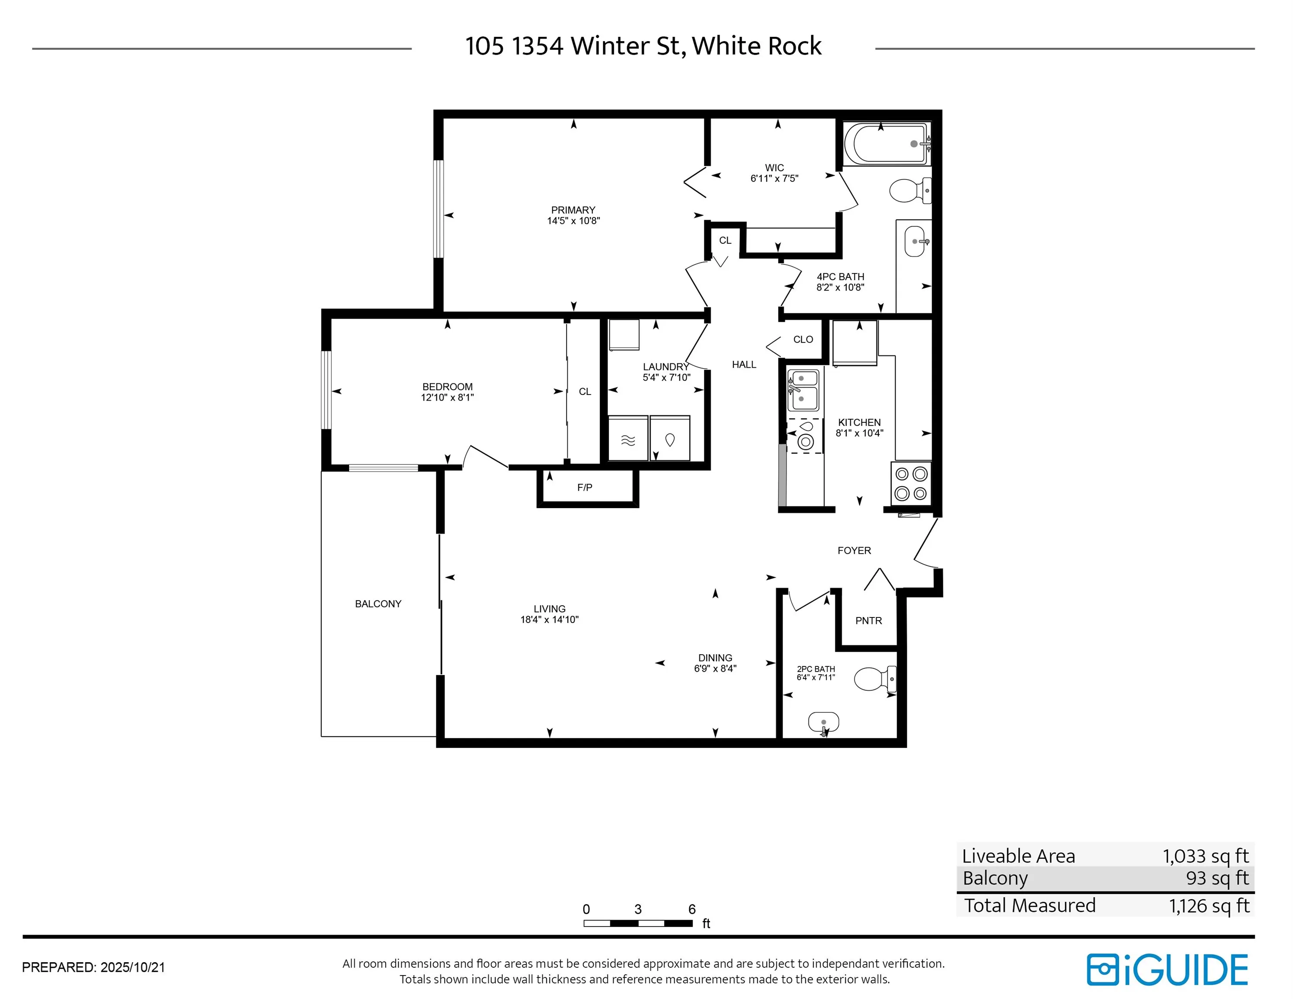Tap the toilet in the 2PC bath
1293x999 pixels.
[x=875, y=679]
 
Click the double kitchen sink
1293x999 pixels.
[x=803, y=390]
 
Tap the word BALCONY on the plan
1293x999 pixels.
[x=378, y=604]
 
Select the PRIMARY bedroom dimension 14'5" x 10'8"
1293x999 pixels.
[x=573, y=221]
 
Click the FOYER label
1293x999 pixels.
[x=854, y=550]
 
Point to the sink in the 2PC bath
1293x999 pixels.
[x=824, y=723]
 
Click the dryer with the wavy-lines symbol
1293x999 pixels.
[x=628, y=438]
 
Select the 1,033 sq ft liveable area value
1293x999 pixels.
[x=1205, y=856]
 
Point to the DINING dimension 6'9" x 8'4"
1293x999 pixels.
[x=715, y=669]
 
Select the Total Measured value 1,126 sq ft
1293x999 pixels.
[x=1209, y=905]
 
